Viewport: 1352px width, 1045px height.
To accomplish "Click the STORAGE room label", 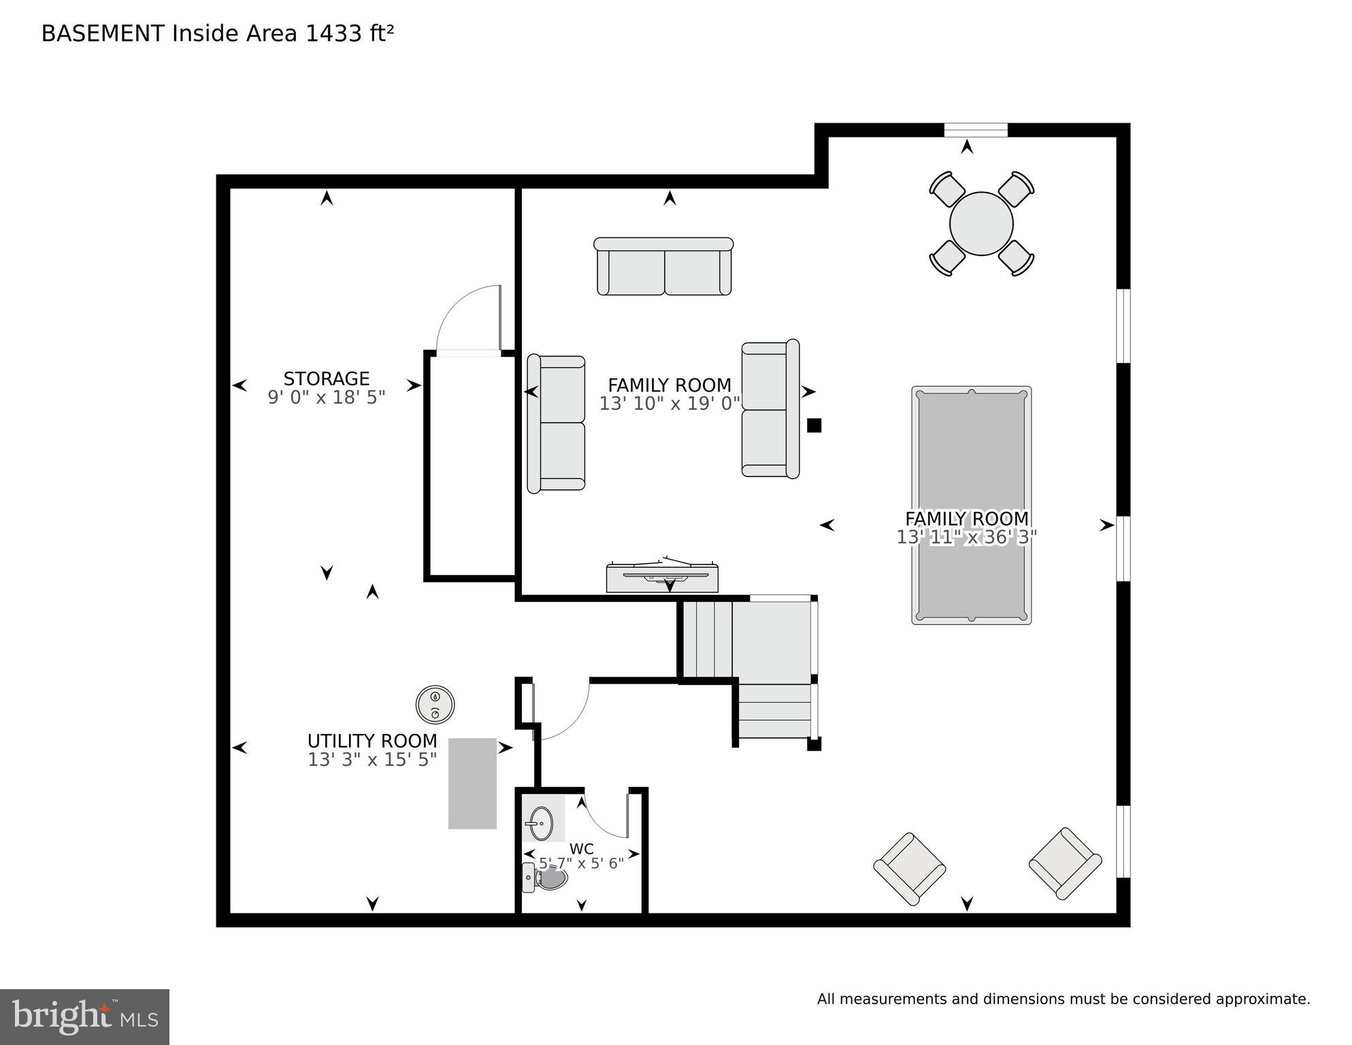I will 326,379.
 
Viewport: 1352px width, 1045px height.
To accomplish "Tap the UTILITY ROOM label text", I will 372,741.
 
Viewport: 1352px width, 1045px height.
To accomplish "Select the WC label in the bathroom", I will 581,849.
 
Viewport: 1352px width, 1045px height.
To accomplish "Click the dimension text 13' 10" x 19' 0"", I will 669,404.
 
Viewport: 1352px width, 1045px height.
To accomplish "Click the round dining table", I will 981,223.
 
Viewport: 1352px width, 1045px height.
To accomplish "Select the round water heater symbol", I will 435,704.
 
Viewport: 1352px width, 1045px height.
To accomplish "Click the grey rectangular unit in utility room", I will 472,783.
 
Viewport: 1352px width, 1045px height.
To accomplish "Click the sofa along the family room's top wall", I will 663,267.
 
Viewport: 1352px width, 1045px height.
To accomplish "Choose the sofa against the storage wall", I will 556,423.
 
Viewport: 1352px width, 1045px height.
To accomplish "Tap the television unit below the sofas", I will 662,577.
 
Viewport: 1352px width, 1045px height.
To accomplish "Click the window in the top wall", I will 975,130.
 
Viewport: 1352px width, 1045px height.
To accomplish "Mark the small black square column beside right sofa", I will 814,425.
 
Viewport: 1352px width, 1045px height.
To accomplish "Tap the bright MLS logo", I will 84,1016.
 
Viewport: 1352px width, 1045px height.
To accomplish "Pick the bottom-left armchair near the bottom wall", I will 909,869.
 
